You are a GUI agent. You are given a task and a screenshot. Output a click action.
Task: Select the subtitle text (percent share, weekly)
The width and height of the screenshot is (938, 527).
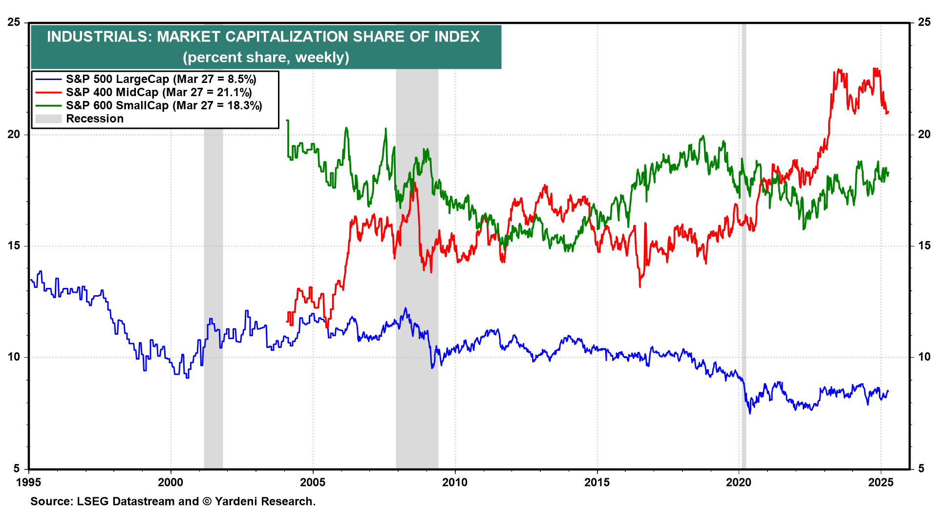click(266, 58)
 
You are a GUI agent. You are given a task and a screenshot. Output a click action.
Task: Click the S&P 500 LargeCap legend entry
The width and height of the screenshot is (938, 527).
click(161, 79)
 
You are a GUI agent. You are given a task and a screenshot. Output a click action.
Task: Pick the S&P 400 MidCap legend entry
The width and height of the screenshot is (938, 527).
click(159, 92)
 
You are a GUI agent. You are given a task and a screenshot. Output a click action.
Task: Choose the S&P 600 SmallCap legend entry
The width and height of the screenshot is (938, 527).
click(164, 105)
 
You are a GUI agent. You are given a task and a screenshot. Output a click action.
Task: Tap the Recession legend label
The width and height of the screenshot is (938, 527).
click(95, 119)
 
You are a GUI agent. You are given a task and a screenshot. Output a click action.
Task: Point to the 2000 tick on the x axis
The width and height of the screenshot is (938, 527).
click(171, 483)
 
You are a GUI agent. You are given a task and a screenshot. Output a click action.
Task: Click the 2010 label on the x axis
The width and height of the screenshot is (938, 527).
click(455, 483)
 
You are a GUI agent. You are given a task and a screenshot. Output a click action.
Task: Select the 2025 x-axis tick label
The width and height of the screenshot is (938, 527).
click(881, 483)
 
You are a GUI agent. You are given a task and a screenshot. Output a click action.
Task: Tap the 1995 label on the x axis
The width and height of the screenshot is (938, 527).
click(28, 483)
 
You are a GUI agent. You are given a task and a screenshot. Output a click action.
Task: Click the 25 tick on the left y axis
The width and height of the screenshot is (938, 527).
click(14, 22)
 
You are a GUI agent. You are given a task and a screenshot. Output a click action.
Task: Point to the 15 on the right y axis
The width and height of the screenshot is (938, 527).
click(924, 245)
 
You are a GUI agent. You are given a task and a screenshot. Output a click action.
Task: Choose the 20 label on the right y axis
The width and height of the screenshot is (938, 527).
click(924, 134)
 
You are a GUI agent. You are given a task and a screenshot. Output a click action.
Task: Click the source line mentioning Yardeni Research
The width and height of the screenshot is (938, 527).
click(173, 502)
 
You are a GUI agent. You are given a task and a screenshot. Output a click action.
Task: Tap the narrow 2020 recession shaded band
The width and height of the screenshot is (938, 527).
click(744, 293)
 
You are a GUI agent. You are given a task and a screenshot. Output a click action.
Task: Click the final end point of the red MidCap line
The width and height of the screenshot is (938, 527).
click(888, 112)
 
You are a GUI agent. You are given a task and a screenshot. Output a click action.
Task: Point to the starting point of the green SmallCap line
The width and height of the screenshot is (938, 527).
click(287, 120)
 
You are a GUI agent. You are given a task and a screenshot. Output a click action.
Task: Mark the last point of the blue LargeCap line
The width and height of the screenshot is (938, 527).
click(888, 391)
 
